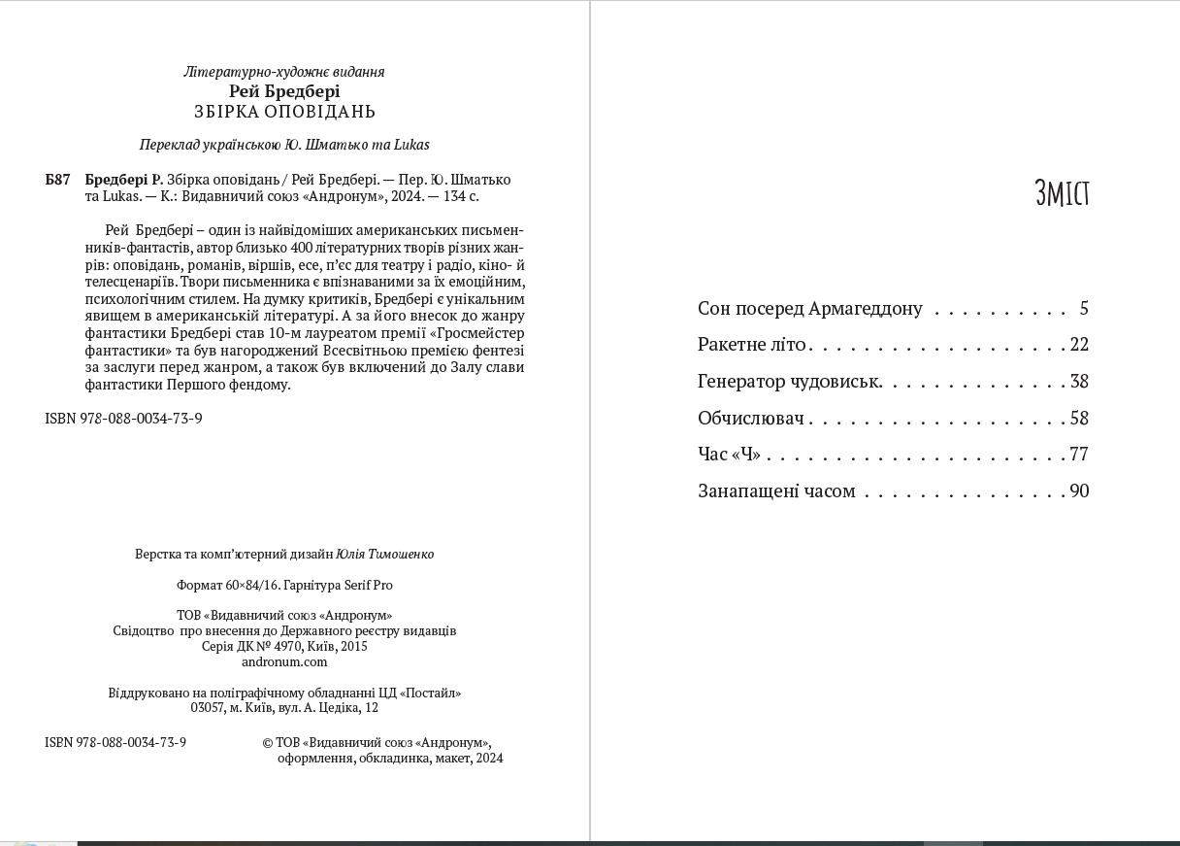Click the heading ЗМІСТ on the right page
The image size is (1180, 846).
click(x=1062, y=193)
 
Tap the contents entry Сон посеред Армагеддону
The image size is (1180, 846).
click(x=809, y=309)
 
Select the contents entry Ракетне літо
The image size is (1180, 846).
click(x=752, y=345)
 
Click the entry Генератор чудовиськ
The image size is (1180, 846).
click(x=790, y=382)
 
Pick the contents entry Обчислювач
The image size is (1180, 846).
click(x=751, y=419)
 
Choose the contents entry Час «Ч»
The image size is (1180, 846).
click(x=729, y=455)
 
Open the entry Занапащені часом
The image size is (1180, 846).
click(x=776, y=491)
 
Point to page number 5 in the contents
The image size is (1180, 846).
click(x=1084, y=309)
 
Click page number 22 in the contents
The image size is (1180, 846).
click(x=1079, y=345)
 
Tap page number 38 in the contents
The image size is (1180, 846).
click(x=1079, y=382)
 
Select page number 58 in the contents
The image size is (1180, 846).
click(x=1079, y=419)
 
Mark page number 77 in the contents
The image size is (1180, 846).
click(x=1079, y=455)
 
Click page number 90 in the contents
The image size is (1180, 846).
click(x=1079, y=491)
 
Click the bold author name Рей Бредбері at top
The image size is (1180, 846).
click(x=284, y=91)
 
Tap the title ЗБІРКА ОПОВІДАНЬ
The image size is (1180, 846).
click(x=284, y=112)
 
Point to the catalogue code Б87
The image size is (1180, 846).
click(x=58, y=180)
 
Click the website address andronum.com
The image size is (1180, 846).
click(x=284, y=661)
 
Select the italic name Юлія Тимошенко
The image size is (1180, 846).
click(x=384, y=554)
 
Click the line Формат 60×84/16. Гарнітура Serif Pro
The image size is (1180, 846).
click(x=284, y=585)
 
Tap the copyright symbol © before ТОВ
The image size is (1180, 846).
click(x=268, y=743)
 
